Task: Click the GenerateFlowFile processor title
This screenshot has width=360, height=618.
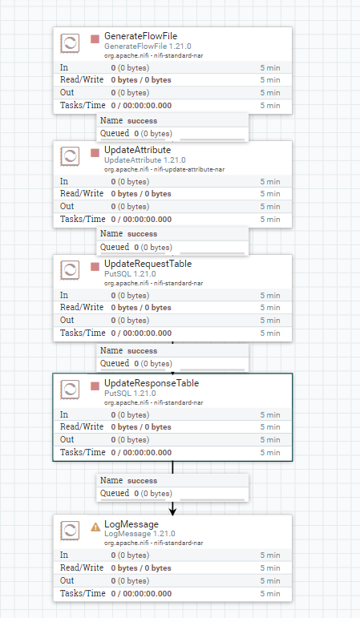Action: tap(141, 36)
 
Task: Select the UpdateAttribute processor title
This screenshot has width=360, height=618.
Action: tap(138, 150)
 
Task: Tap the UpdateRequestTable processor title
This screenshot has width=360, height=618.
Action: tap(148, 264)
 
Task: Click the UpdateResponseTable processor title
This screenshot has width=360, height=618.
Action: tap(152, 383)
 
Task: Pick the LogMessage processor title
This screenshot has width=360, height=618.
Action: tap(131, 524)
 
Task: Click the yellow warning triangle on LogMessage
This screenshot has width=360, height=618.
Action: tap(95, 527)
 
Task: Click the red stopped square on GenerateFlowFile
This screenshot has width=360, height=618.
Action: tap(95, 39)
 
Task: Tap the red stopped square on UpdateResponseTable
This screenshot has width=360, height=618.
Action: tap(95, 386)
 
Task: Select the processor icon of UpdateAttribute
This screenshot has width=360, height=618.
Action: tap(70, 156)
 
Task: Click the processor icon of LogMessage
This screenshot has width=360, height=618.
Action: tap(70, 530)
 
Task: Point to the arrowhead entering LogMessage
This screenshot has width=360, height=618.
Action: tap(172, 511)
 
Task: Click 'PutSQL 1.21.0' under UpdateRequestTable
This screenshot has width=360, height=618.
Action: tap(130, 274)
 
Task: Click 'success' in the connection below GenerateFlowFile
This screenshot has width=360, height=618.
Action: tap(143, 121)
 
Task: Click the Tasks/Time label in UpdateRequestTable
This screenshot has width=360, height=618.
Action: tap(83, 333)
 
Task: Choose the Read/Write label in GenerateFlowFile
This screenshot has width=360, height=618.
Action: tap(82, 79)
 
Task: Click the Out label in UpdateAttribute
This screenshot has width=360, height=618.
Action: tap(67, 206)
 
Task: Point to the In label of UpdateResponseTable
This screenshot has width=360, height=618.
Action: tap(64, 414)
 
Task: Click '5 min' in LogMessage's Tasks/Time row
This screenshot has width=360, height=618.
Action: tap(270, 594)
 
